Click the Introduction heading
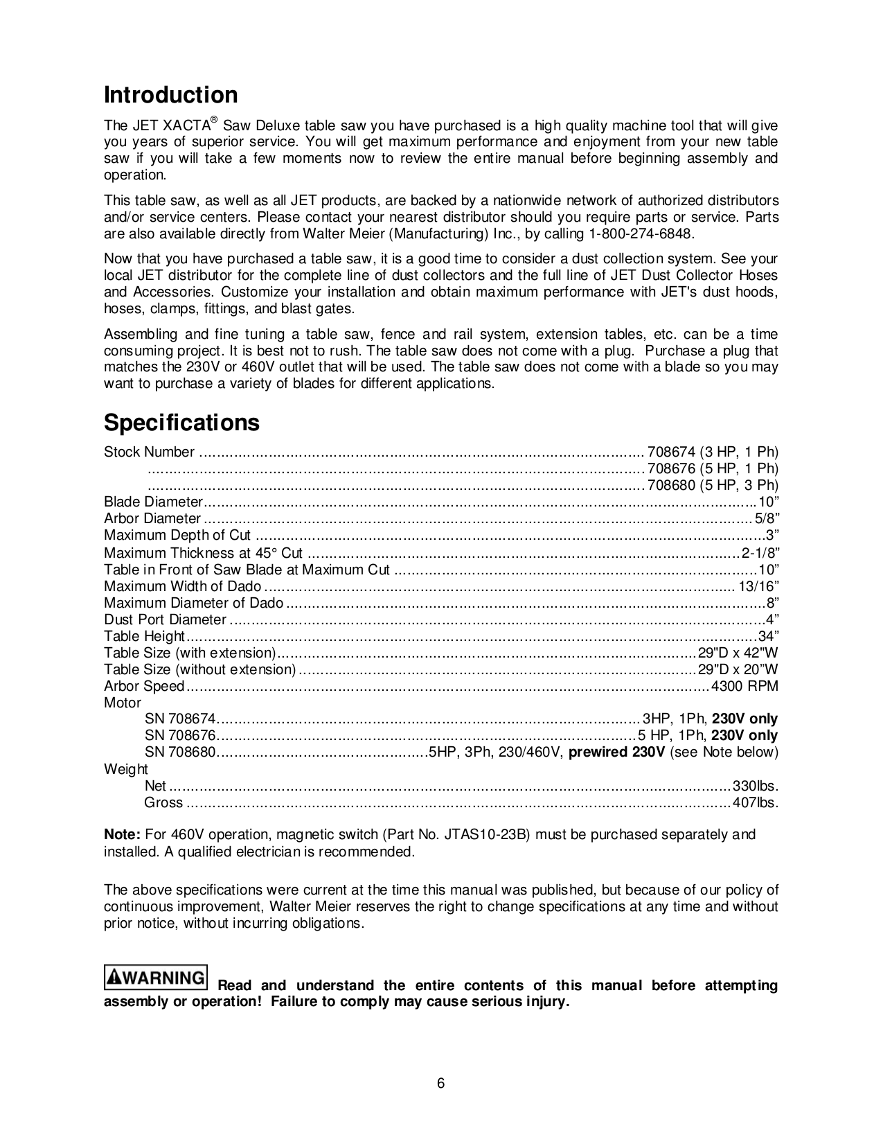point(170,95)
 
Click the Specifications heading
point(181,423)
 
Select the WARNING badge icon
point(156,978)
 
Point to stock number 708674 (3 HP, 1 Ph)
point(713,452)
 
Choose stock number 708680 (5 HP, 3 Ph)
point(713,486)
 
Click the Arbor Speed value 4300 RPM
point(745,687)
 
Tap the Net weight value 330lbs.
point(756,786)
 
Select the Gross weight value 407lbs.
point(756,803)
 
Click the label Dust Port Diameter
point(165,619)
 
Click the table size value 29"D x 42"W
point(738,653)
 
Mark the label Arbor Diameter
point(152,519)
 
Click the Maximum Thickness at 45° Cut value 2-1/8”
point(760,553)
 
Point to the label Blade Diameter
point(153,502)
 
